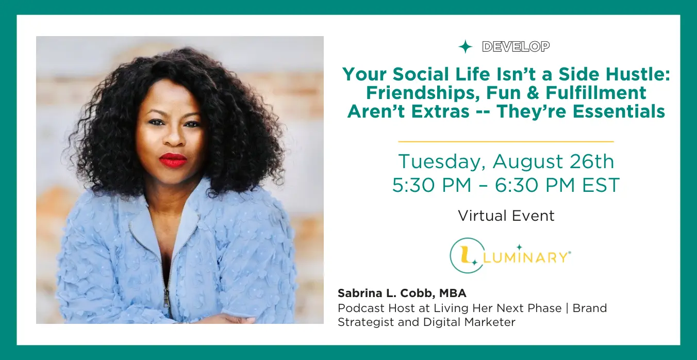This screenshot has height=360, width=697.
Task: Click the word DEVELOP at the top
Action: click(516, 46)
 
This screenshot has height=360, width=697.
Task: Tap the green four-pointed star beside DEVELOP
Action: click(465, 47)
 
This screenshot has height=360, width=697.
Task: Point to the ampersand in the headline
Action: click(533, 93)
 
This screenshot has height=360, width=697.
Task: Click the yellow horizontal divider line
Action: click(506, 142)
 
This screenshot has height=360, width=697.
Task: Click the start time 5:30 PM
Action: click(432, 185)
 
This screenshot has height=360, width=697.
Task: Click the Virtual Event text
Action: click(506, 216)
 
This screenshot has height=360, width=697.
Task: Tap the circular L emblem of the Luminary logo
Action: click(467, 255)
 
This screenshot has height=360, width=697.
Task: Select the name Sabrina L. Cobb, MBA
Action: click(402, 293)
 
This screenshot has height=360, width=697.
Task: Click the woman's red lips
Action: click(173, 160)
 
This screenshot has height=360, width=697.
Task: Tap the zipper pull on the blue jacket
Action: click(168, 298)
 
